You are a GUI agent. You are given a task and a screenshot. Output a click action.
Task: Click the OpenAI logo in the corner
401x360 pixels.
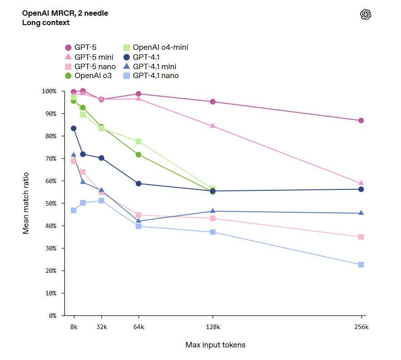tap(366, 15)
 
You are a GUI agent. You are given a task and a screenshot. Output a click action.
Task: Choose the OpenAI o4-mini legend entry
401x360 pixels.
tap(155, 47)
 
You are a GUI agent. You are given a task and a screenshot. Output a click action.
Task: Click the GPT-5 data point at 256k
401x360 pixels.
tap(361, 121)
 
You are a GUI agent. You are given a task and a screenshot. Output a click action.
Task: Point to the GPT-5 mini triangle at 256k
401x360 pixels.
tap(361, 183)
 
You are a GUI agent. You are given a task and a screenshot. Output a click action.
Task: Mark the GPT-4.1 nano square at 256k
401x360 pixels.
tap(361, 265)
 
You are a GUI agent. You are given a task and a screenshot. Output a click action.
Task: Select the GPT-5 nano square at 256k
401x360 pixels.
tap(361, 237)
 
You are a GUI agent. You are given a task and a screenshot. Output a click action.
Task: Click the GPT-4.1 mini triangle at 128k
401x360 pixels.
tap(212, 211)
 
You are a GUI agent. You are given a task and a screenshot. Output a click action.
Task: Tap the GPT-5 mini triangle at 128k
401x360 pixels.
tap(212, 126)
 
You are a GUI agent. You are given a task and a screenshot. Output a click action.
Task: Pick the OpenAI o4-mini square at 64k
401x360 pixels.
tap(139, 141)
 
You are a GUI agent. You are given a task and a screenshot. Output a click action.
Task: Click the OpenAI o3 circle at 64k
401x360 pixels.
tap(139, 155)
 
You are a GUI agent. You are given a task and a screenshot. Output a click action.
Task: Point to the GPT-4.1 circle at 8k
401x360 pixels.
tap(74, 128)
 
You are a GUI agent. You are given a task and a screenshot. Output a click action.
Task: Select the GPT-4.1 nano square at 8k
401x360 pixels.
tap(74, 210)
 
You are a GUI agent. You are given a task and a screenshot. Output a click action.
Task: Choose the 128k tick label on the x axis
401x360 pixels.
tap(212, 327)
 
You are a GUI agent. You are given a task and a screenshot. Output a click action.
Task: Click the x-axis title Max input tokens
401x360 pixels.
tap(215, 345)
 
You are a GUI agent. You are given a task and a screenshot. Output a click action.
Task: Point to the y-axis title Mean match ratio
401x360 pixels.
tap(26, 203)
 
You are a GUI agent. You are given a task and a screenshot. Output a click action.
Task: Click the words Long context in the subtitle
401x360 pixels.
tap(46, 22)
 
